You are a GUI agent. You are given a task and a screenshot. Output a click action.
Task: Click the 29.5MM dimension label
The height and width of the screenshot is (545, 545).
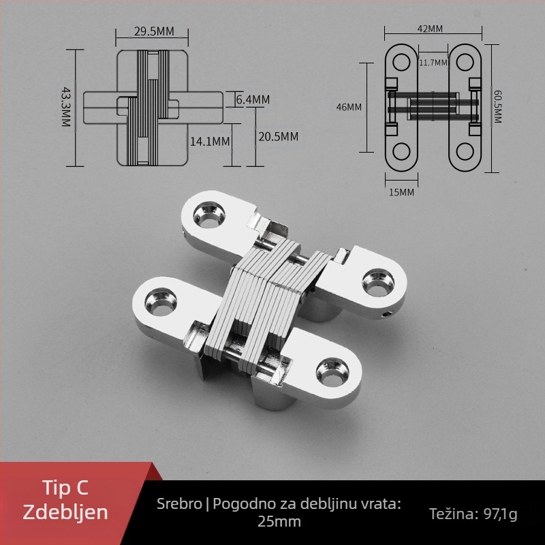(154, 31)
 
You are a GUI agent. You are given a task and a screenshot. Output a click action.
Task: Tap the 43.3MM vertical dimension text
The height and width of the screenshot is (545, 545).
(66, 107)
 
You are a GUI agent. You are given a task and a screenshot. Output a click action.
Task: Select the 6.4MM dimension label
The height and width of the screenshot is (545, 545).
(253, 99)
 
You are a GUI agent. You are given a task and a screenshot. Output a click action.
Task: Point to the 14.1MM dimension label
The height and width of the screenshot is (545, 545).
(210, 142)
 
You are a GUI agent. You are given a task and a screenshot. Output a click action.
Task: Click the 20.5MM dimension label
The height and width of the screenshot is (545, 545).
(278, 137)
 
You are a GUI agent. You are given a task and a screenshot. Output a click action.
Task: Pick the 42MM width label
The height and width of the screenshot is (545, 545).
(430, 29)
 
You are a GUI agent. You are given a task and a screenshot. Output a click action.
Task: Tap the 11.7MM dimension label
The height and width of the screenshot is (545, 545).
(433, 63)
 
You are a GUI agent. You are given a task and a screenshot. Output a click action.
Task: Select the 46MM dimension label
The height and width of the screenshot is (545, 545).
(349, 107)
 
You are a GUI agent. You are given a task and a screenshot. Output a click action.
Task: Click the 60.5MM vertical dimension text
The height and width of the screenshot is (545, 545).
(498, 106)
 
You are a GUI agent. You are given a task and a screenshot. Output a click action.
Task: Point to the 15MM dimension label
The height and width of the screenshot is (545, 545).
(401, 192)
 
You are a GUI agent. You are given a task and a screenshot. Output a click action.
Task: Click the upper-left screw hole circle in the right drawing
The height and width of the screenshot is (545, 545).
(401, 63)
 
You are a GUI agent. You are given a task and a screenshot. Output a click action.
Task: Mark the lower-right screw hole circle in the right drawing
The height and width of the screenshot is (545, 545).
(465, 152)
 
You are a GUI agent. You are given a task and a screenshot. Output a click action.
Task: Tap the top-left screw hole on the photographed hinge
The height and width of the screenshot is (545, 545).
(209, 215)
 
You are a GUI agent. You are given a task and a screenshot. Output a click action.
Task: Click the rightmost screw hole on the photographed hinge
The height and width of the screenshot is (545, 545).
(378, 283)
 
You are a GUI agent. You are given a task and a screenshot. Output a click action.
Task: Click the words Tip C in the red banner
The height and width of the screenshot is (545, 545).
(65, 487)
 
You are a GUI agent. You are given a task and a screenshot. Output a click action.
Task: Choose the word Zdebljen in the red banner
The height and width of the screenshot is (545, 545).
(65, 512)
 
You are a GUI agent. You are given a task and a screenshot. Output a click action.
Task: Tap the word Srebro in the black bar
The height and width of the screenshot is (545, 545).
(179, 503)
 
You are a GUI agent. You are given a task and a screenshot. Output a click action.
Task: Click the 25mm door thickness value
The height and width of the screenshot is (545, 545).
(279, 522)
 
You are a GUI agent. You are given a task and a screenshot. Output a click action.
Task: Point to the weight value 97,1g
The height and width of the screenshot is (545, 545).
(501, 514)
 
